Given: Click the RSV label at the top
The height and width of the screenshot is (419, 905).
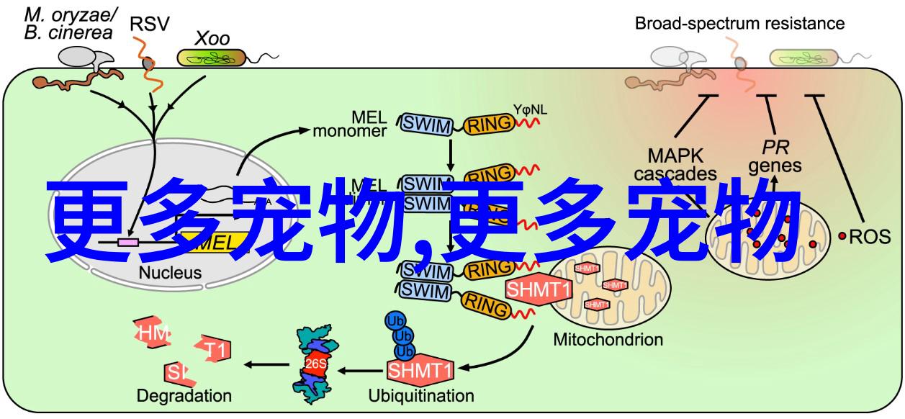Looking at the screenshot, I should pyautogui.click(x=150, y=24).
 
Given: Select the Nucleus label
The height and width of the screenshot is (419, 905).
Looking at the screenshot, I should pyautogui.click(x=171, y=273).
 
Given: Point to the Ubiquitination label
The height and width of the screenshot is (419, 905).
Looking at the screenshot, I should pyautogui.click(x=421, y=395).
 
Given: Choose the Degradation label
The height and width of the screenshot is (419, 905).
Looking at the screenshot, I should pyautogui.click(x=184, y=395).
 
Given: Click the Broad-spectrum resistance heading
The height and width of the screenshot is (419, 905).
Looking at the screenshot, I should pyautogui.click(x=739, y=24).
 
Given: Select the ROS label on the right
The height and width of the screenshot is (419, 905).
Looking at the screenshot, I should pyautogui.click(x=874, y=236).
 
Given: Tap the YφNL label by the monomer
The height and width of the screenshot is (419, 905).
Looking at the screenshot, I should pyautogui.click(x=530, y=109).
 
